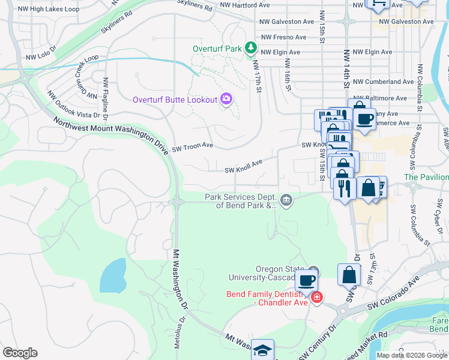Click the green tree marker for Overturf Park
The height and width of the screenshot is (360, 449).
(251, 49)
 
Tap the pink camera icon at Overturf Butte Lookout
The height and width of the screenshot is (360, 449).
(226, 98)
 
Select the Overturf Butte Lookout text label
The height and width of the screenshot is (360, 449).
(175, 100)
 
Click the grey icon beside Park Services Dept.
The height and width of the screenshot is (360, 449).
(286, 200)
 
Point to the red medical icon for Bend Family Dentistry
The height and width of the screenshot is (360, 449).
(317, 297)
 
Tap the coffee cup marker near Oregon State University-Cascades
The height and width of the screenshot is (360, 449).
(306, 280)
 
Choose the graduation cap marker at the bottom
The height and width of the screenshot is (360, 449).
(262, 350)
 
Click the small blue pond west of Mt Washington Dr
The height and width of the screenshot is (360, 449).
(113, 275)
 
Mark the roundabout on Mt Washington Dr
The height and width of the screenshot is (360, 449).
(177, 202)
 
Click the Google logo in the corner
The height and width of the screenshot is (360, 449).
(20, 353)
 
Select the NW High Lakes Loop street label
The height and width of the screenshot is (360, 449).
(49, 10)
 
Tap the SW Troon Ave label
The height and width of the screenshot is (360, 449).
(193, 146)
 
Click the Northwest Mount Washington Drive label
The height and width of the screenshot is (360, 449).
(110, 135)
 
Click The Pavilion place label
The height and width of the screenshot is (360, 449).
(426, 177)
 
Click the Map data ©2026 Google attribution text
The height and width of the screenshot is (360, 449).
(412, 355)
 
